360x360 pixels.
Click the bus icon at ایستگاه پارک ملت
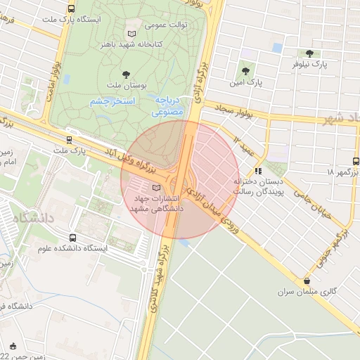pos(71,8)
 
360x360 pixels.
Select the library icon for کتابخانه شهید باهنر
pos(131,33)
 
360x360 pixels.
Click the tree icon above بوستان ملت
pos(126,74)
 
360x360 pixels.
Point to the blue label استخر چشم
pos(113,102)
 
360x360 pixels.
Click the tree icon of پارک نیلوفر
pos(309,53)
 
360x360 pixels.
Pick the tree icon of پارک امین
pos(245,70)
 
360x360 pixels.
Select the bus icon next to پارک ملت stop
pos(68,139)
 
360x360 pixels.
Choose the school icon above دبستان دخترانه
pos(259,169)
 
